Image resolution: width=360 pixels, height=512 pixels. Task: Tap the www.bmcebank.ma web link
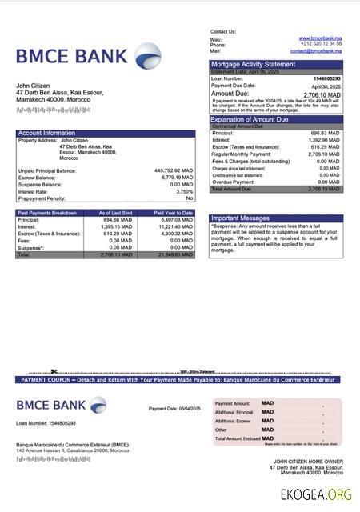(320, 38)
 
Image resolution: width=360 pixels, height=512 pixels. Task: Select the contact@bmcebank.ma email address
(315, 50)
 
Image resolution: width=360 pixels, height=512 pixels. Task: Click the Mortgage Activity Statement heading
(253, 64)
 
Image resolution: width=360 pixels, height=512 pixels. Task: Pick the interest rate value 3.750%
(184, 192)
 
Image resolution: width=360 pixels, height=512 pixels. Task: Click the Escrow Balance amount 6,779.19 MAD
(175, 178)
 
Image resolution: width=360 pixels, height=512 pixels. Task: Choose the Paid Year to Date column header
(174, 213)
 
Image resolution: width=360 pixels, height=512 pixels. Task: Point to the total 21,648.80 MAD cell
(175, 255)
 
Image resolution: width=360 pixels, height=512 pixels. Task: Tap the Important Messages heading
(240, 218)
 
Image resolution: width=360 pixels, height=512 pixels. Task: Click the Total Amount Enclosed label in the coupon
(237, 438)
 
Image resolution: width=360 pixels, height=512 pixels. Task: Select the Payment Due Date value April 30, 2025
(326, 86)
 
